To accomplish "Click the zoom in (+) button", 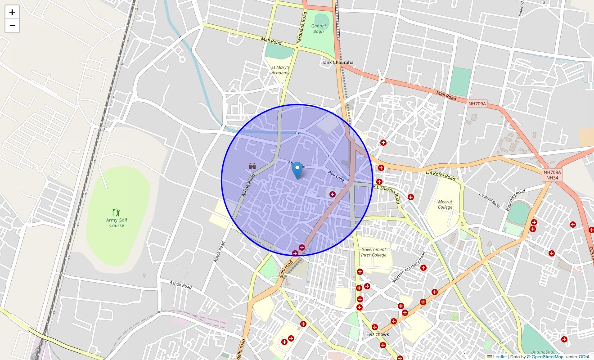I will (12, 12).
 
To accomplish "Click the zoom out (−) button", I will (12, 26).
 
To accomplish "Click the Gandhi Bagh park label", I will (318, 29).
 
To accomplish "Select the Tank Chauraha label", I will (337, 63).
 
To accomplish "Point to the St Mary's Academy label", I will (280, 70).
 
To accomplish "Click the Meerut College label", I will (445, 205).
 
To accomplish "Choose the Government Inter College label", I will (373, 252).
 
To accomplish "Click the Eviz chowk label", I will (378, 334).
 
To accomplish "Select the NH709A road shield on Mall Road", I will (477, 104).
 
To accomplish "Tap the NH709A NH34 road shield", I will (552, 175).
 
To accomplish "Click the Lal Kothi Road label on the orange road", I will (441, 175).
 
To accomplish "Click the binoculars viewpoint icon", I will (253, 166).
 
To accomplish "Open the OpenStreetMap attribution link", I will (547, 357).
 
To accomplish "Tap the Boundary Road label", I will (515, 200).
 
